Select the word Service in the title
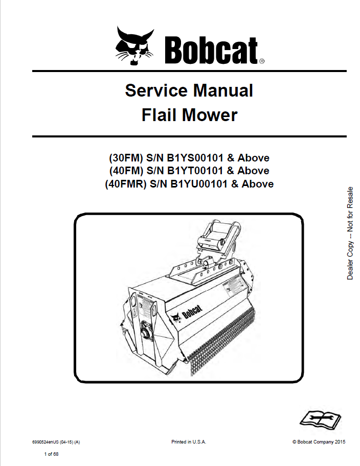pos(156,91)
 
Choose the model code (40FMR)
pos(126,183)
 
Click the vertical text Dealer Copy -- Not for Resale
pos(350,232)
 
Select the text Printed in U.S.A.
pos(189,442)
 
